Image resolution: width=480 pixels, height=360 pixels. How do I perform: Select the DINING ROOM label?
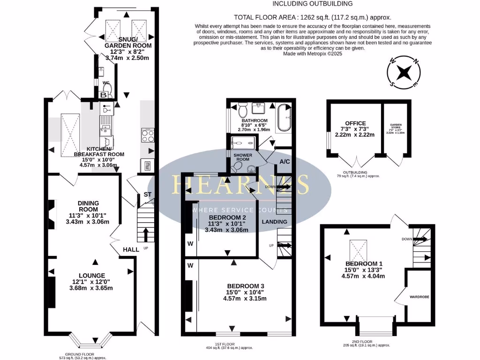coord(88,206)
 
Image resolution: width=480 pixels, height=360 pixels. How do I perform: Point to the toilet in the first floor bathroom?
coord(243,111)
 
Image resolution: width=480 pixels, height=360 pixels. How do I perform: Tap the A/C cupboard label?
coord(284,162)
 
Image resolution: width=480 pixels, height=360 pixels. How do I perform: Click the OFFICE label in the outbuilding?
coord(355,123)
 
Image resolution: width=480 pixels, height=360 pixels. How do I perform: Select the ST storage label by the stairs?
coord(148,194)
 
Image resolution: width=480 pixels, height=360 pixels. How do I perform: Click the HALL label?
coord(131,249)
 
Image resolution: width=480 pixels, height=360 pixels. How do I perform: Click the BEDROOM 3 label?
coord(246,286)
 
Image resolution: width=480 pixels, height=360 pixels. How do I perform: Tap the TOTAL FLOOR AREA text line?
coord(313,16)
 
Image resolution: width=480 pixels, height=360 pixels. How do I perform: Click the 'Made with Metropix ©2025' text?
coord(313,54)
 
